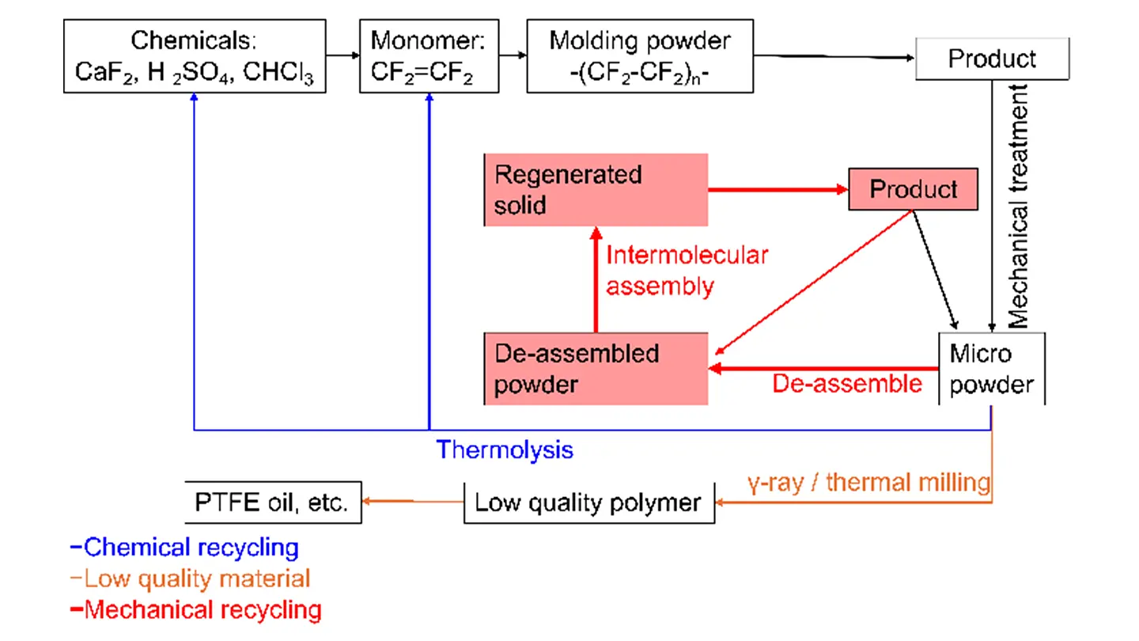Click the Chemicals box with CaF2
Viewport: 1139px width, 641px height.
tap(195, 56)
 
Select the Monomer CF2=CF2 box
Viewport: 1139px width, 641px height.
tap(429, 56)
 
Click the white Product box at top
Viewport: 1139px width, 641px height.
tap(992, 59)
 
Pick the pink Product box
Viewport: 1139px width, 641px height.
tap(913, 189)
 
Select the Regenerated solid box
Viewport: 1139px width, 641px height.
tap(596, 191)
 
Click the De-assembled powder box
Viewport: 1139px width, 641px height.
tap(596, 369)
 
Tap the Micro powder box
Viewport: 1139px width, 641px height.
tap(992, 368)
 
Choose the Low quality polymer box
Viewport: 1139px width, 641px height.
tap(588, 502)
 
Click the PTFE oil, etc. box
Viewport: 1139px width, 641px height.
tap(273, 502)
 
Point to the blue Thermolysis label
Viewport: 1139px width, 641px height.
tap(505, 450)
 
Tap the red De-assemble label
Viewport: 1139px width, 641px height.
tap(846, 384)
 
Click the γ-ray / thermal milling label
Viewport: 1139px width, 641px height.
tap(868, 481)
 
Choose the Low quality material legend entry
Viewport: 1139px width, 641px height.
tap(192, 578)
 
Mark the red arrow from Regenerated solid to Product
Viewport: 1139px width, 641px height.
tap(778, 190)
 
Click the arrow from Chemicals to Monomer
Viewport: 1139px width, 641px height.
tap(342, 55)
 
